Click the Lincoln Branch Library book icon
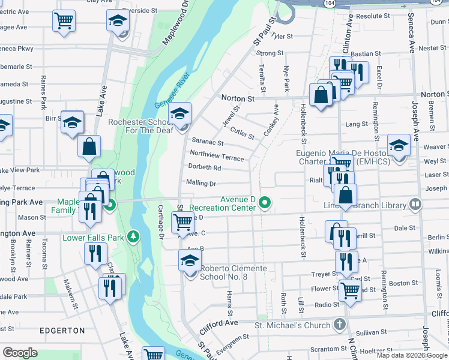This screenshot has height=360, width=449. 415,205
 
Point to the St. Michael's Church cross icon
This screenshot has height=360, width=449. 340,325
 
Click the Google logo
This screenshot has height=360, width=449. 20,353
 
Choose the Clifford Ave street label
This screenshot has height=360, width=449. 219,323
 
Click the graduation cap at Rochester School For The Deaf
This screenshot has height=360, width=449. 179,113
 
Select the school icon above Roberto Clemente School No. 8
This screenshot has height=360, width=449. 189,260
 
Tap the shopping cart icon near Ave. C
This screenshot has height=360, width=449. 182,222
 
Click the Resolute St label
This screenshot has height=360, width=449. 373,16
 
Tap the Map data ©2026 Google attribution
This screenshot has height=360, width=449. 412,355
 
